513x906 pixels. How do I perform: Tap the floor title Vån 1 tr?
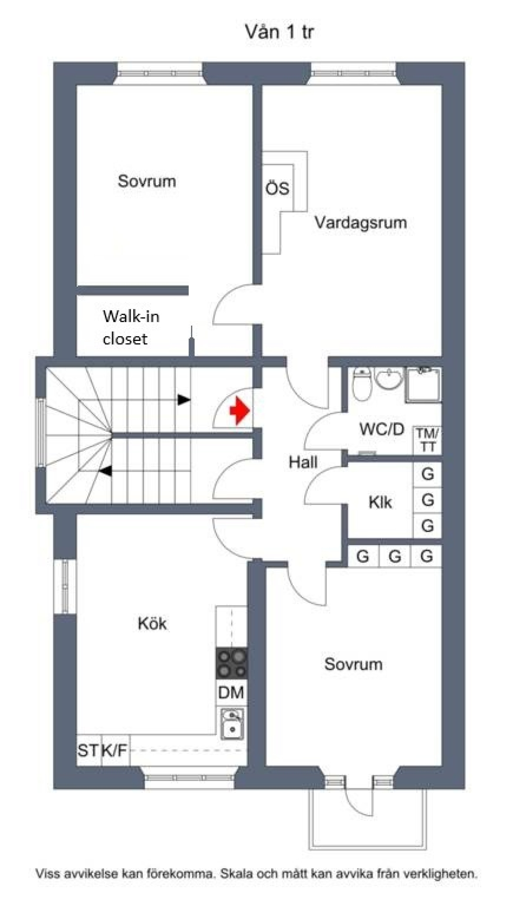click(279, 32)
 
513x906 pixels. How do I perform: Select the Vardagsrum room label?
click(360, 222)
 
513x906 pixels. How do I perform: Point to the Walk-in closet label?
click(131, 327)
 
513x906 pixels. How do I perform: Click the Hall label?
click(303, 462)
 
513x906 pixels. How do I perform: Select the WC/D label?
click(382, 429)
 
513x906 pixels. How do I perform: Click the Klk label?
click(380, 502)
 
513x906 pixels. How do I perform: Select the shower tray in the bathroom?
click(423, 385)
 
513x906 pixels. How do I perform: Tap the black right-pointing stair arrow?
click(184, 400)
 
